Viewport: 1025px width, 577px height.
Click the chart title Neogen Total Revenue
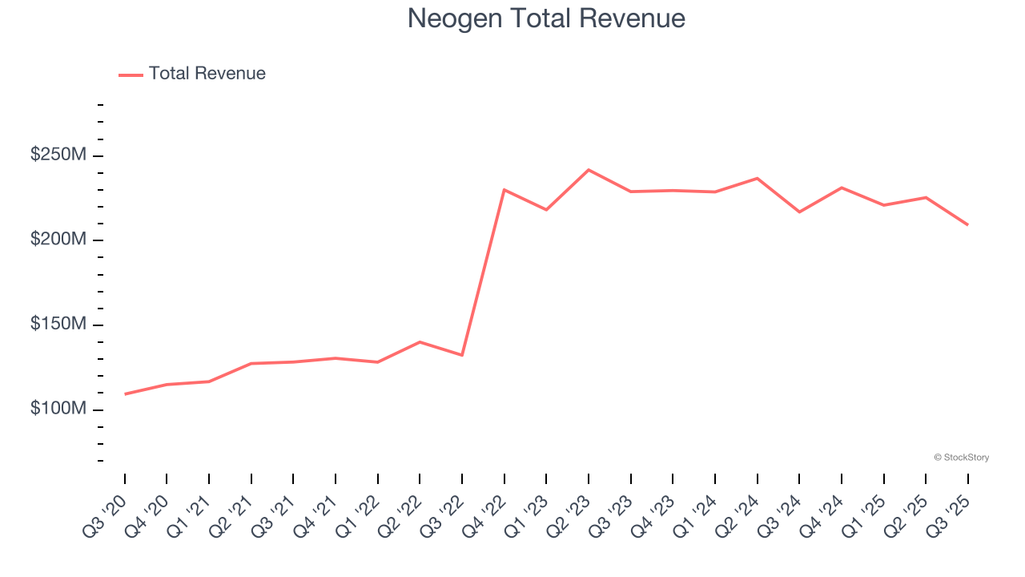(545, 18)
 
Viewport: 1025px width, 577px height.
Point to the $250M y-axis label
(58, 155)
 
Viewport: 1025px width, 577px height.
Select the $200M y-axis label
(58, 240)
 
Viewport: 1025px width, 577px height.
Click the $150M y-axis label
(58, 324)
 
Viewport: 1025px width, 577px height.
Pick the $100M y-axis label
(58, 409)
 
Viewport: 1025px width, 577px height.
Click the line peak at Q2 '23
(589, 170)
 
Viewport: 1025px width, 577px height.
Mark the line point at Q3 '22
(462, 355)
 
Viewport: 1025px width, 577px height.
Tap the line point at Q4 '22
(504, 190)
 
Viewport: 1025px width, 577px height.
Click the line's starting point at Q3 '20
(125, 394)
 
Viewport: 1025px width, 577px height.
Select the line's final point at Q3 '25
(967, 224)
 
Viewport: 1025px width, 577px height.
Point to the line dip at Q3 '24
(799, 212)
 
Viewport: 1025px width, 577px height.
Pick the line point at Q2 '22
(420, 342)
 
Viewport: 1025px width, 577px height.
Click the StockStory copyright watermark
(961, 458)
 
